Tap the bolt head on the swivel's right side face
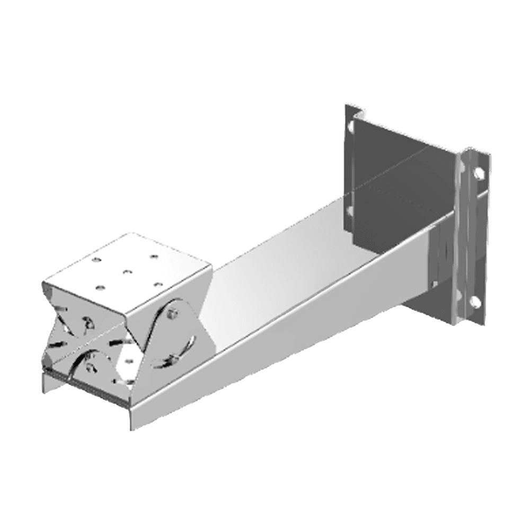point(171,315)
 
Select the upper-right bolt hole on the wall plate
point(476,173)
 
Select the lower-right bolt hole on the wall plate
point(475,303)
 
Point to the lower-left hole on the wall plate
point(349,211)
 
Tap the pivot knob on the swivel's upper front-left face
point(85,323)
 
